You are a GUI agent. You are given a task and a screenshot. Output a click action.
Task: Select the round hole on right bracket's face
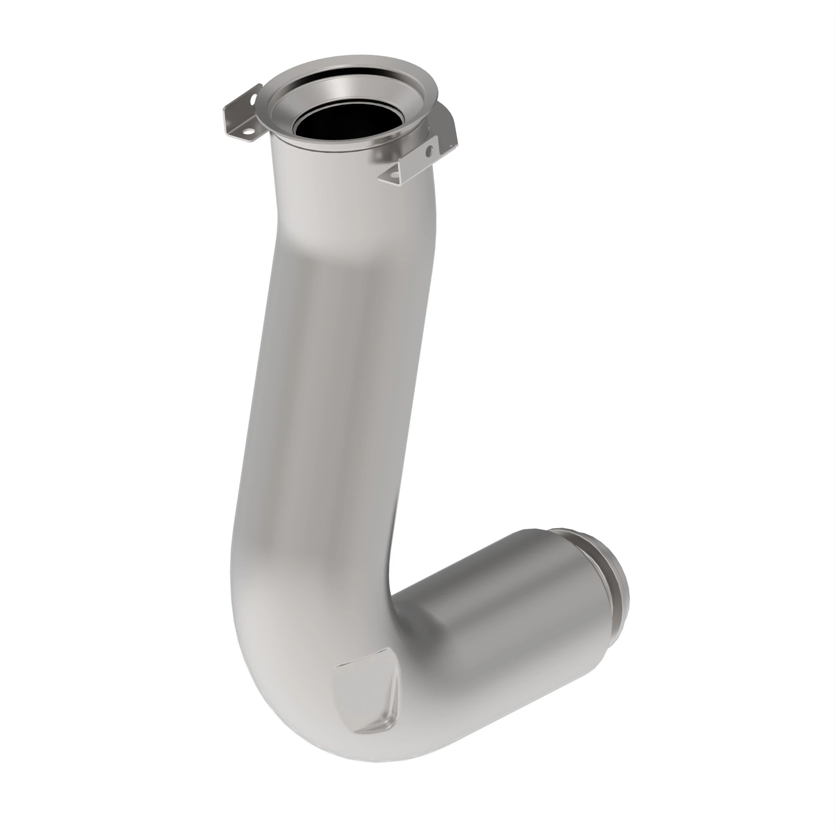(x=429, y=151)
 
